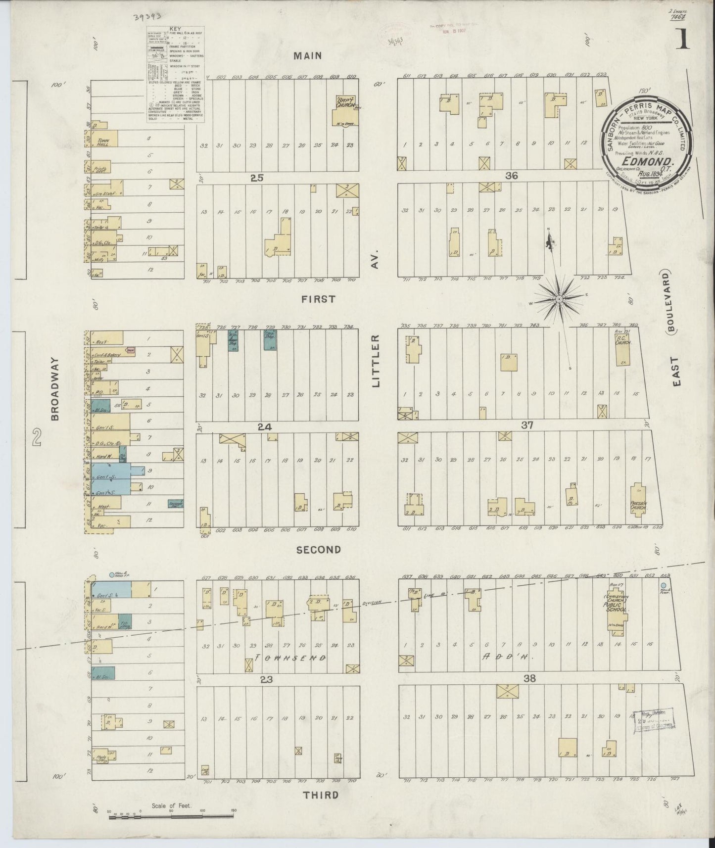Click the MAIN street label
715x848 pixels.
pyautogui.click(x=308, y=55)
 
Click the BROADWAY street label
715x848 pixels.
pyautogui.click(x=55, y=389)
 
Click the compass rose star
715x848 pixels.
pyautogui.click(x=559, y=298)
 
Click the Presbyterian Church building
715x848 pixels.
pyautogui.click(x=638, y=501)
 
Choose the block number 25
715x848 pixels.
pyautogui.click(x=257, y=178)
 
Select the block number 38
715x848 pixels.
pyautogui.click(x=529, y=679)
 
